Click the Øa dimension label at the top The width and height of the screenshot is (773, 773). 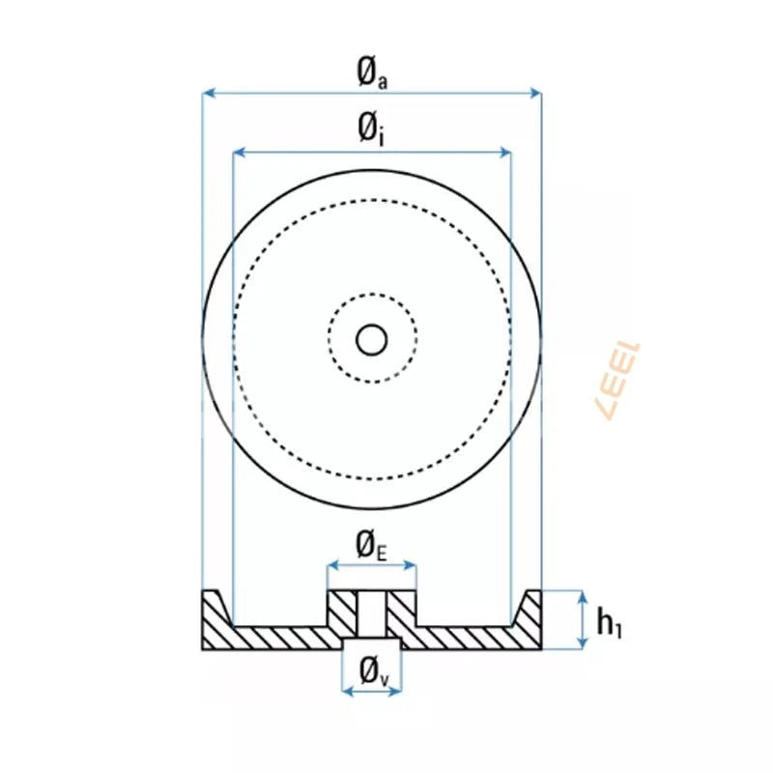371,73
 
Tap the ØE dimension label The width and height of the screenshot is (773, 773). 371,546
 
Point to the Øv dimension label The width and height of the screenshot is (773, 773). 372,670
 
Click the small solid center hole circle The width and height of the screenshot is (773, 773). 372,340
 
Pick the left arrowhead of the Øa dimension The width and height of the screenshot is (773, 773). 208,94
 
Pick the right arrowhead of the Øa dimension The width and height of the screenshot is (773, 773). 535,94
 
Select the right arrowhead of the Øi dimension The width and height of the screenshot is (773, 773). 504,153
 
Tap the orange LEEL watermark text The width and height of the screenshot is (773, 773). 619,381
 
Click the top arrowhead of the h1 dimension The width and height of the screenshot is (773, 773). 583,596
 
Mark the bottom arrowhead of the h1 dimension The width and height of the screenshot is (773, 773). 583,643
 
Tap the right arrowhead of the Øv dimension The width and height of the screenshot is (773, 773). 396,691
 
